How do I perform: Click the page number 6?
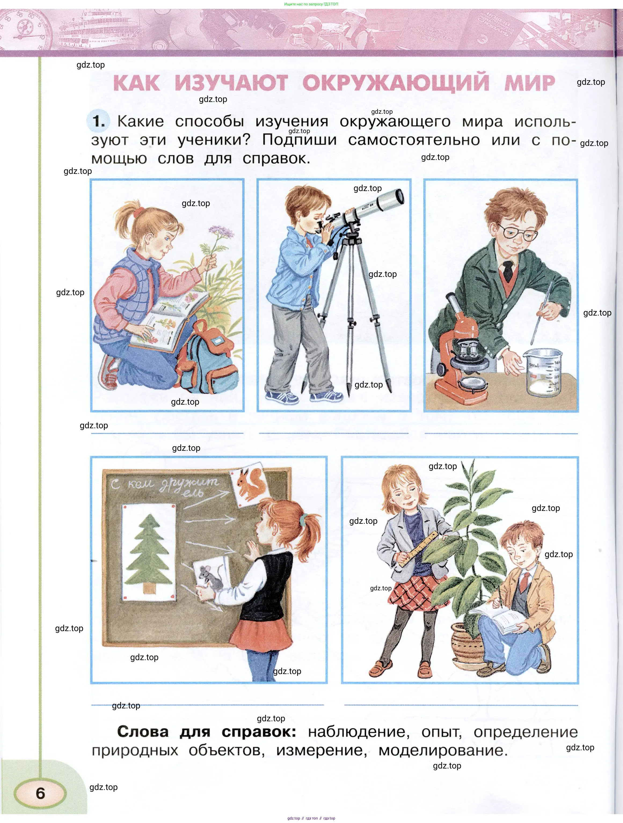click(41, 793)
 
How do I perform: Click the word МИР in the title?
click(530, 83)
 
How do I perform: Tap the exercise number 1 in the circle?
click(99, 121)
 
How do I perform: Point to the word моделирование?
click(443, 750)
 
